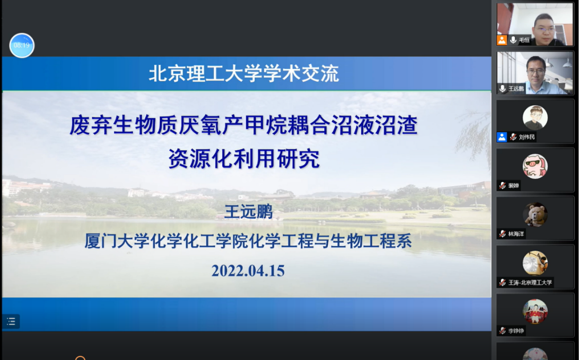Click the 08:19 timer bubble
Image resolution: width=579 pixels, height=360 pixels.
coord(22,45)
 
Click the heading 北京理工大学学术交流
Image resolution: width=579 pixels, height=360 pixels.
coord(244,74)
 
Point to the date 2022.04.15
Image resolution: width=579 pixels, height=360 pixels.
coord(248,271)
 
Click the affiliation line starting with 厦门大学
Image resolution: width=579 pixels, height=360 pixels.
coord(248,241)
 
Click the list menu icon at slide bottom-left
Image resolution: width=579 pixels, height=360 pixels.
coord(11,321)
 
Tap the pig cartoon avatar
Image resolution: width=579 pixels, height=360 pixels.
coord(535,166)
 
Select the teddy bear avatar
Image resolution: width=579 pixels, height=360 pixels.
coord(535,214)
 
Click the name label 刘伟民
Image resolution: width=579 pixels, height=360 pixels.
coord(527,137)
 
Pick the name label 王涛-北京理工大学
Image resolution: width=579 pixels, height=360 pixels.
coord(530,282)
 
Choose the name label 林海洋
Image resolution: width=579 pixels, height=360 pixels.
coord(516,234)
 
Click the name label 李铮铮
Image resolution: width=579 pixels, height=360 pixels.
coord(516,331)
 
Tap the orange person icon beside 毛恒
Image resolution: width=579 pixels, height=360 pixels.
coord(502,40)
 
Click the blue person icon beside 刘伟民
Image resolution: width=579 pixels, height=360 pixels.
coord(502,137)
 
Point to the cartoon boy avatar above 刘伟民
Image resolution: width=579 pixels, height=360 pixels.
coord(535,117)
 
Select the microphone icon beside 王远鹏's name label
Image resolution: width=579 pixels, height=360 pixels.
coord(502,88)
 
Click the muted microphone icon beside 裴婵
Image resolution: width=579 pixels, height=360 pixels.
coord(502,186)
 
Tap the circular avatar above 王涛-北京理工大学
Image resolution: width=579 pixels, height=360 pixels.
coord(535,263)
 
